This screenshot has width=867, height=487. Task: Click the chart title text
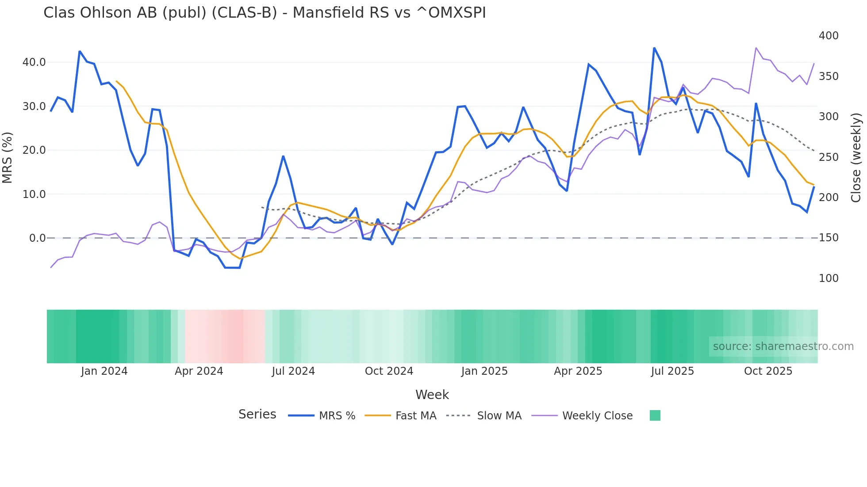click(x=265, y=13)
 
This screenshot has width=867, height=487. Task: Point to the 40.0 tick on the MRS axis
click(x=34, y=62)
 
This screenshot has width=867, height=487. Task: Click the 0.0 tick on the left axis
click(x=37, y=238)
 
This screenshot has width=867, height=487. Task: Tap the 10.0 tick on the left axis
click(x=34, y=194)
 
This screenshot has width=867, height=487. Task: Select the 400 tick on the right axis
click(x=828, y=36)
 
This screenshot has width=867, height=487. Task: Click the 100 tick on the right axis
click(x=828, y=278)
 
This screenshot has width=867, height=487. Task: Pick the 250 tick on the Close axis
click(x=828, y=157)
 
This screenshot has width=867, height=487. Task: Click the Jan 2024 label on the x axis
click(x=104, y=371)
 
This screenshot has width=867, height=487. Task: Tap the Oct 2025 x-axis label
click(x=768, y=371)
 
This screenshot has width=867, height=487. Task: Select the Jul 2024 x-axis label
click(x=293, y=371)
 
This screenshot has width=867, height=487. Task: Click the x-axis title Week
click(x=432, y=395)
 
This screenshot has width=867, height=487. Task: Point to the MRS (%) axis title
click(x=8, y=157)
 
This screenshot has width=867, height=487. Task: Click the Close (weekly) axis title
click(x=856, y=157)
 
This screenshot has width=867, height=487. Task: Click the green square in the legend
click(x=655, y=415)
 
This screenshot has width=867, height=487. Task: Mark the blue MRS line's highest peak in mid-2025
click(x=654, y=48)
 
